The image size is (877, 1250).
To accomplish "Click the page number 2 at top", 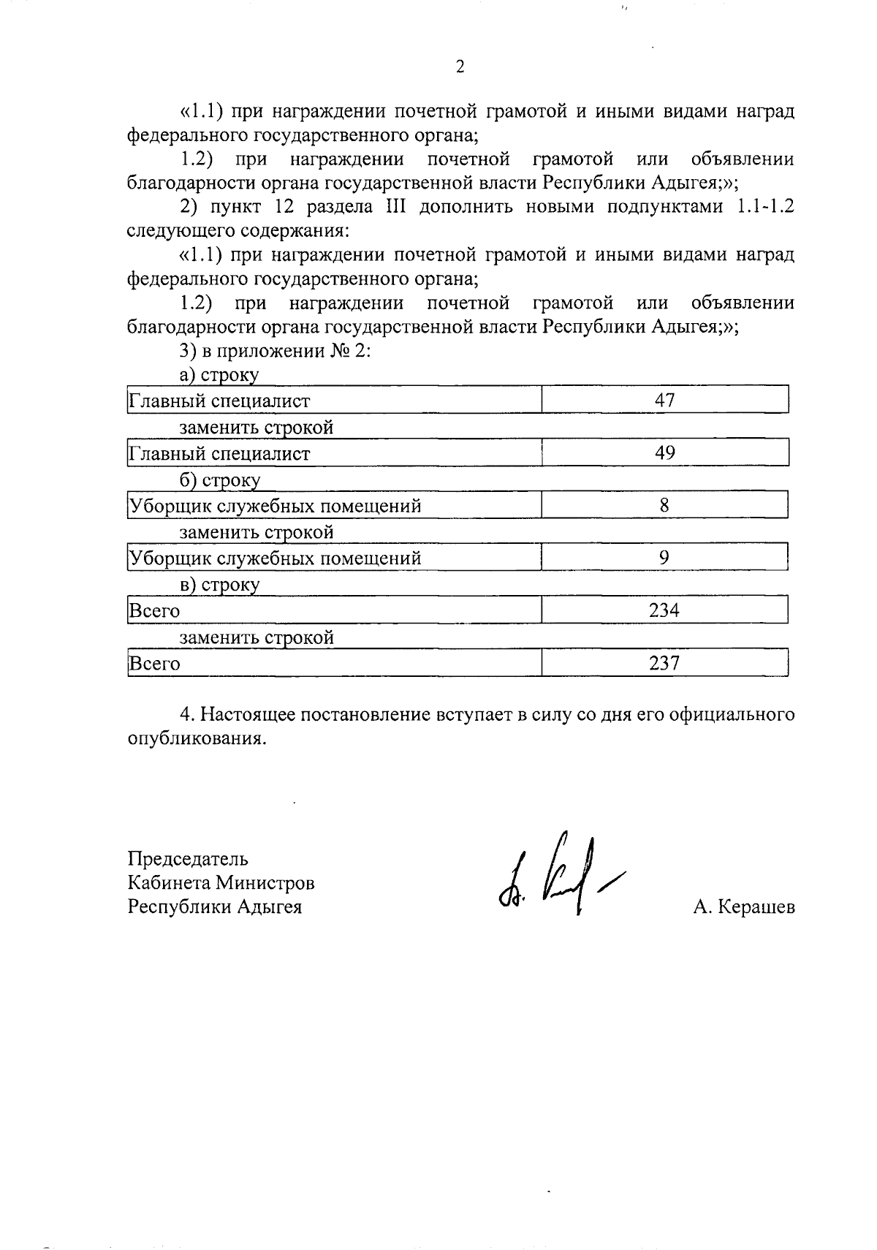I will [x=460, y=67].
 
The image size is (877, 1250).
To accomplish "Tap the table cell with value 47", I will [x=664, y=400].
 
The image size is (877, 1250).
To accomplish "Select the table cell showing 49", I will [x=664, y=452].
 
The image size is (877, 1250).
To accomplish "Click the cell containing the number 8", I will [x=664, y=505].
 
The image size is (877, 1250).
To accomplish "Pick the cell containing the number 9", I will [x=664, y=558].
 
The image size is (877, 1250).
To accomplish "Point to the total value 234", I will [x=664, y=610].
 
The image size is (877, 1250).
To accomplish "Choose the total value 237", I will [x=664, y=663].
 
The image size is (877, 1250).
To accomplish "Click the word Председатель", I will [x=188, y=858].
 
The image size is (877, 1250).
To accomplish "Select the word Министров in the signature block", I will [x=265, y=883].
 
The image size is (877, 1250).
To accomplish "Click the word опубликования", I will [x=194, y=738].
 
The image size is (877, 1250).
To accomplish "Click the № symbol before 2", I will [x=343, y=351].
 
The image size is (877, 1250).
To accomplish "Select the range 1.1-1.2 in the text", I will [x=762, y=207].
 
